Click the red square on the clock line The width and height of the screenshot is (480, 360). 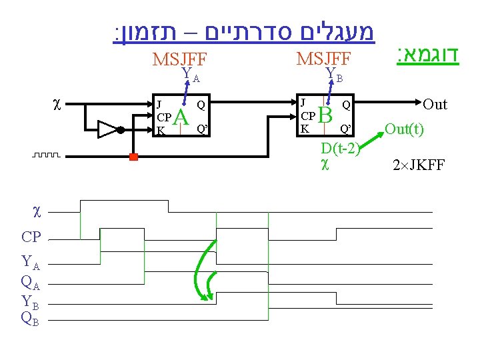tap(133, 157)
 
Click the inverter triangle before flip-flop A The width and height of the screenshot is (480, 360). tap(107, 129)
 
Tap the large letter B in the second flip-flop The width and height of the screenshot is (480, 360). tap(325, 115)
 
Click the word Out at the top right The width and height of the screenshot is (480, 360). tap(435, 105)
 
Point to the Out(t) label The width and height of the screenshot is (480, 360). tap(404, 129)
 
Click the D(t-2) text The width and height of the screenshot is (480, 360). tap(340, 147)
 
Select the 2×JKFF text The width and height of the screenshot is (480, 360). tap(419, 164)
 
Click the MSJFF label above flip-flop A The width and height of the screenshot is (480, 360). tap(180, 59)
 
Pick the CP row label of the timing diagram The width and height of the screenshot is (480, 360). tap(32, 237)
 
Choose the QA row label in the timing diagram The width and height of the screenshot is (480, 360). tap(31, 283)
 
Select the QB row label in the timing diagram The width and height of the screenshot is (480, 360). tap(31, 318)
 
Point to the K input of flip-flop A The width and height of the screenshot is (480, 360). tap(160, 131)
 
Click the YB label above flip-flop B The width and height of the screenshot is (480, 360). tap(333, 75)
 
